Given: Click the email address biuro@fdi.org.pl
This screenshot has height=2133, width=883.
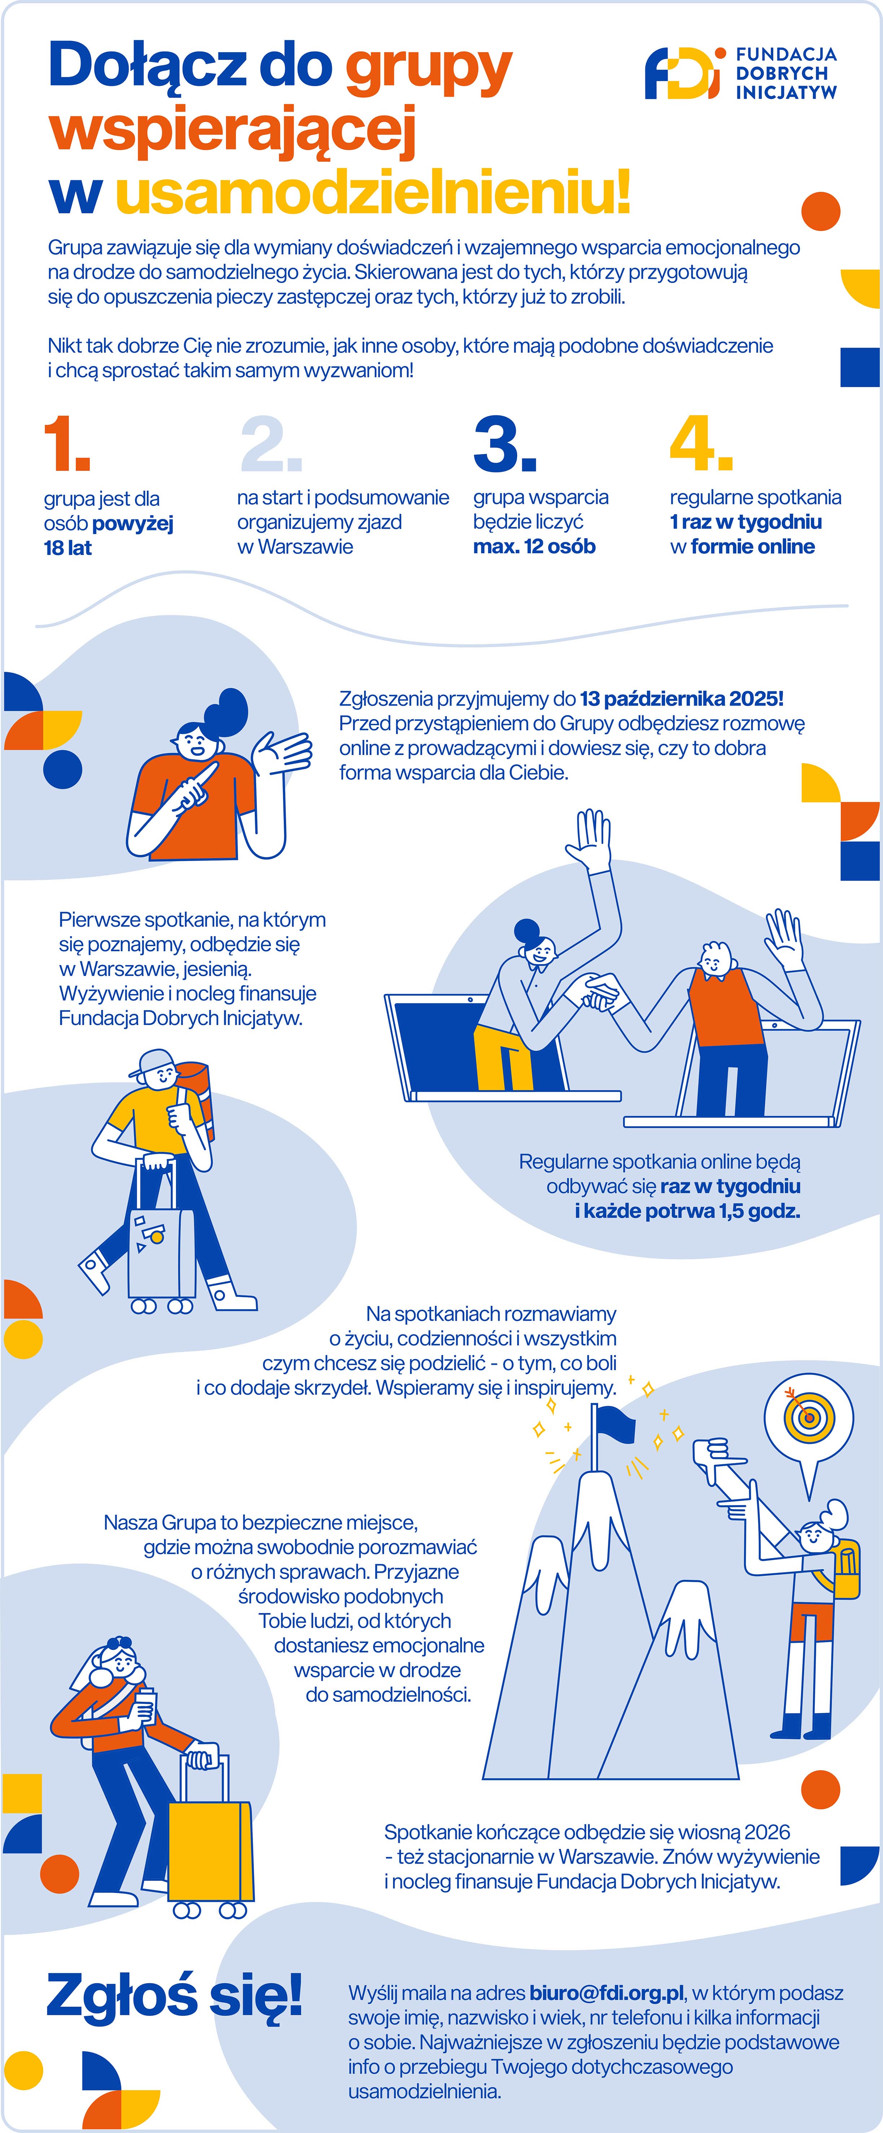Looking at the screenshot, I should click(x=607, y=1992).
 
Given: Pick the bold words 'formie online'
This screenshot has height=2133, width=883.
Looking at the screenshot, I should click(x=752, y=546).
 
